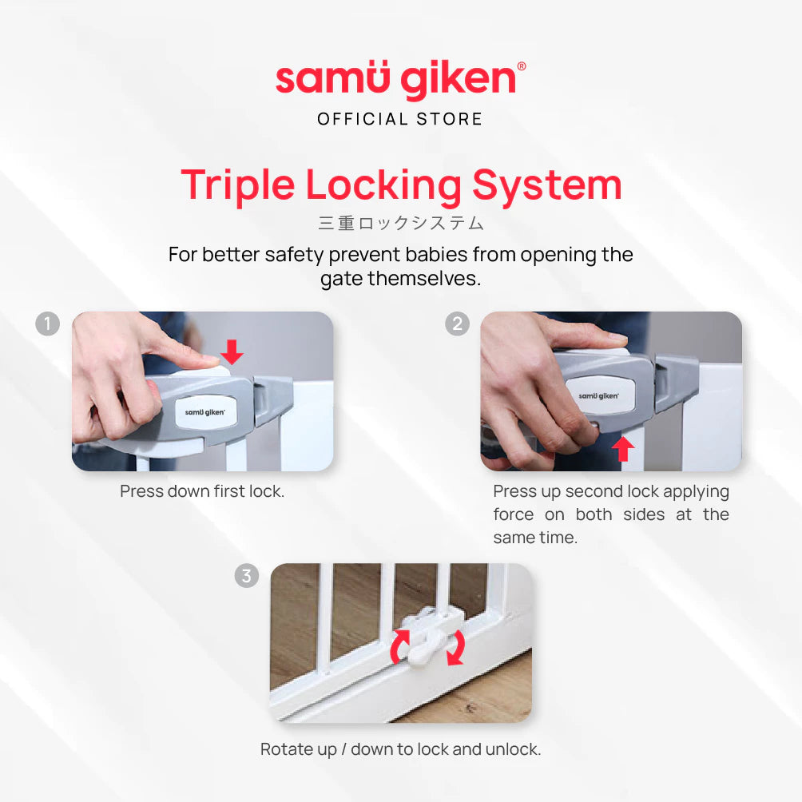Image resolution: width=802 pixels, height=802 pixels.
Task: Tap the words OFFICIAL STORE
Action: coord(400,119)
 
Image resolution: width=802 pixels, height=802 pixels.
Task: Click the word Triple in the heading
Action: coord(238,186)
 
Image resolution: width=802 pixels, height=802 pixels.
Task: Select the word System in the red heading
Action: coord(546,186)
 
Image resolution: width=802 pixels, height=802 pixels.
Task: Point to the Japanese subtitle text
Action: coord(400,223)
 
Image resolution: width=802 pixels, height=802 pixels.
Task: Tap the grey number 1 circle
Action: coord(48,324)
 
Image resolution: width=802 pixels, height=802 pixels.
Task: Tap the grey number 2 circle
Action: coord(457,324)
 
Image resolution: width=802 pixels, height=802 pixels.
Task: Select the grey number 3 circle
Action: coord(247,575)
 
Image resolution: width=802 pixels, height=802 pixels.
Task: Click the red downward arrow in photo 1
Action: coord(232,352)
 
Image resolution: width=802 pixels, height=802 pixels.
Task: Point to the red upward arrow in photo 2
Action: coord(623,449)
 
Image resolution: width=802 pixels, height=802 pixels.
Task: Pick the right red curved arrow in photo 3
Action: coord(456,648)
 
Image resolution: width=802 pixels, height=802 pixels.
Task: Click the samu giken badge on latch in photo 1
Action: coord(205,411)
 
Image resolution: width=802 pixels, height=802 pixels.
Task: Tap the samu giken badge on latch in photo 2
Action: coord(599,395)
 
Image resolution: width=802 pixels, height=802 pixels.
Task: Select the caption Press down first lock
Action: coord(202,491)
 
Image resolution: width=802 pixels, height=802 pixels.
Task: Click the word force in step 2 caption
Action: coord(514,514)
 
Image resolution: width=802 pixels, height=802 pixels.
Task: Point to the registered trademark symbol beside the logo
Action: coord(522,66)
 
